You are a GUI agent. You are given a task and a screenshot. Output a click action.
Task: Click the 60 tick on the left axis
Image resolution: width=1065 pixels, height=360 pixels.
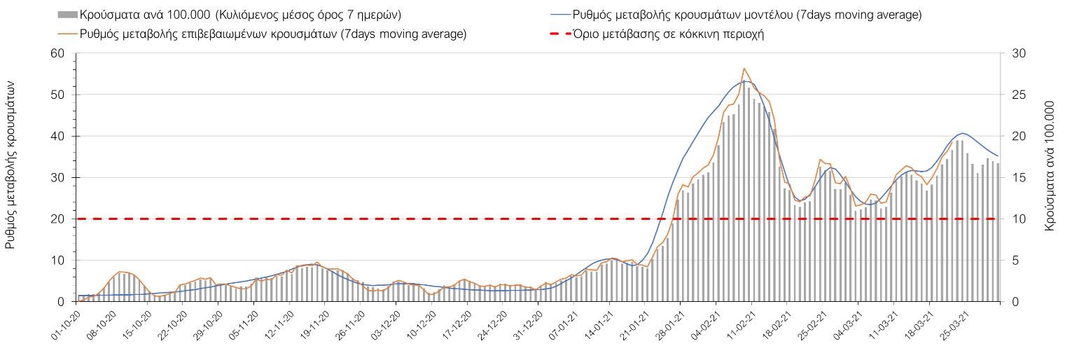[58, 54]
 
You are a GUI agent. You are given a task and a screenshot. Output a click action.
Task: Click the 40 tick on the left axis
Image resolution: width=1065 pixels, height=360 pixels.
[58, 137]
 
